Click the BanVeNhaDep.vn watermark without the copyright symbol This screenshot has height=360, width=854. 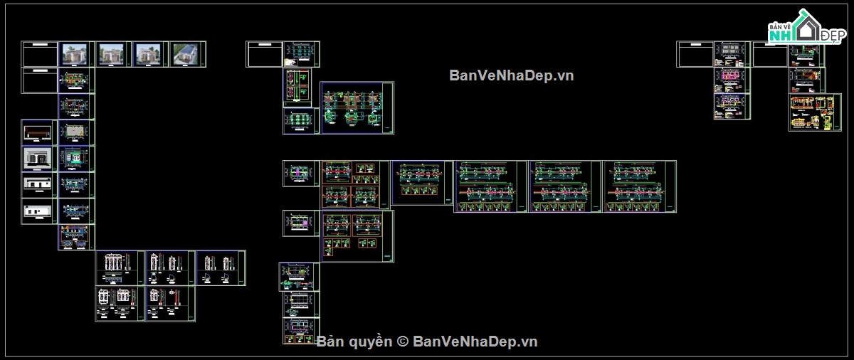click(x=511, y=75)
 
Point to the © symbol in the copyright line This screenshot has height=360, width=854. click(x=402, y=342)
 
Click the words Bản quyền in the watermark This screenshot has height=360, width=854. click(x=354, y=342)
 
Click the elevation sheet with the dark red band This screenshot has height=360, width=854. click(x=39, y=132)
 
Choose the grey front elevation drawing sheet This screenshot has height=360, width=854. click(x=39, y=158)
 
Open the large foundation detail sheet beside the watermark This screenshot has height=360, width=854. click(x=357, y=107)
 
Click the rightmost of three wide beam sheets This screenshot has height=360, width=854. click(x=639, y=186)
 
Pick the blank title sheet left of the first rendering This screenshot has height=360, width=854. click(x=40, y=55)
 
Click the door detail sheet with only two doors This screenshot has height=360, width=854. click(x=221, y=268)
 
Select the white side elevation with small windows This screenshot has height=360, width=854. click(x=39, y=211)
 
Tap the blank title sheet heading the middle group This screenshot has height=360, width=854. click(x=264, y=55)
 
